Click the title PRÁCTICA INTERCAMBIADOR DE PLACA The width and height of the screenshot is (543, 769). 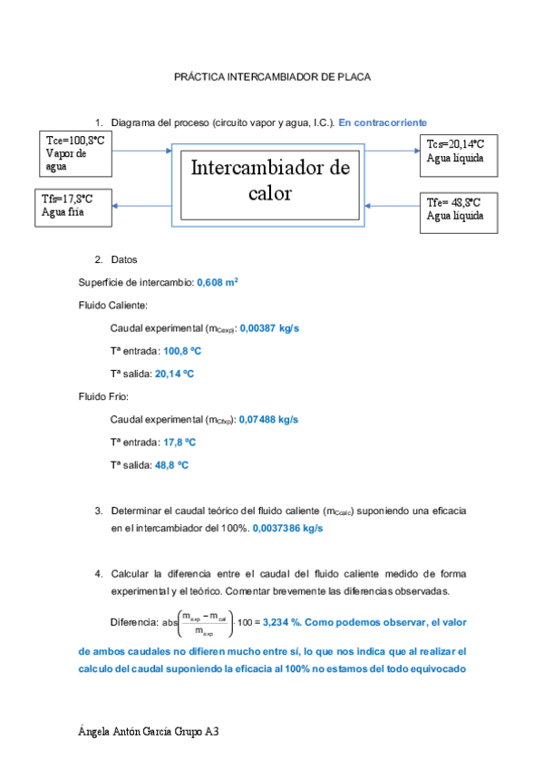[272, 78]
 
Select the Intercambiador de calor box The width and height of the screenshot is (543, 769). [270, 181]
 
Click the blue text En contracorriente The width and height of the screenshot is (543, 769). [383, 122]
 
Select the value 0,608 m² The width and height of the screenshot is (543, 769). [218, 283]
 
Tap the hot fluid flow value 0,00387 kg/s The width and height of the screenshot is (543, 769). [269, 328]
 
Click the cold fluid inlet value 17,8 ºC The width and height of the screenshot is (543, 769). [179, 442]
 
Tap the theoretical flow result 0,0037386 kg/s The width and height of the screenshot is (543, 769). [287, 528]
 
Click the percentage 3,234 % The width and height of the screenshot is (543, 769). [282, 623]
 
